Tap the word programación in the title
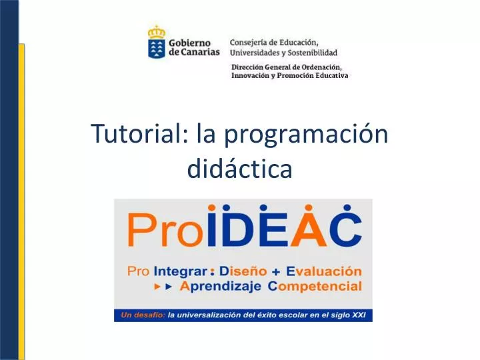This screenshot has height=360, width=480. pos(306,135)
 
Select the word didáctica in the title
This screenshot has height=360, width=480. pos(240,169)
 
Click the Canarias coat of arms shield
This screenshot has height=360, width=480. pos(156,49)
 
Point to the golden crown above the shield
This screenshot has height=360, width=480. pos(156,31)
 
